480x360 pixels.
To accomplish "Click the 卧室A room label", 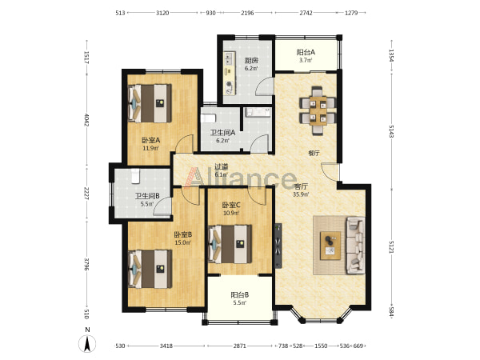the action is point(150,140).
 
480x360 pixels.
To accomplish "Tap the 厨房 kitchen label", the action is point(251,60).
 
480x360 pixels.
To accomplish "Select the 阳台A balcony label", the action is point(306,52).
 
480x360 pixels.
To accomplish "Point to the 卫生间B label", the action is point(147,196).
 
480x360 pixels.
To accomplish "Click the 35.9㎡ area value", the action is point(301,194).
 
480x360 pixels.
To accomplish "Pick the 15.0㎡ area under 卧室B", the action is point(182,242).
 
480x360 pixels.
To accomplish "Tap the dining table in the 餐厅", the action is point(318,111).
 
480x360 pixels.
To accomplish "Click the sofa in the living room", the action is point(355,246).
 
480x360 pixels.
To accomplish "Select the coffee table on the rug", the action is point(330,246).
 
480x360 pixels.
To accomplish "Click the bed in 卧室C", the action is point(230,244).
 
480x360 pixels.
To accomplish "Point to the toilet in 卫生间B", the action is point(135,176).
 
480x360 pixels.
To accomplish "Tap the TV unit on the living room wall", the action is point(278,246).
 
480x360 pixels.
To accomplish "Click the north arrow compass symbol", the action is point(87,343).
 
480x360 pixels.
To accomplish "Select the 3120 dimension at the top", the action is point(162,13).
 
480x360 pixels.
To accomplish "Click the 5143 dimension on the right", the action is point(391,131).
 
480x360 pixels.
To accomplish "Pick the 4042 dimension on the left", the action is point(86,120).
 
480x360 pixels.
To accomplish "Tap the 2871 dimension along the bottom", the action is point(240,346).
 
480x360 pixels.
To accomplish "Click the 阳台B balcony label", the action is point(240,294).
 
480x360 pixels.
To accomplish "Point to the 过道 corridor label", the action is point(221,167).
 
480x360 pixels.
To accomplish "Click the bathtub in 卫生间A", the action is point(208,118).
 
